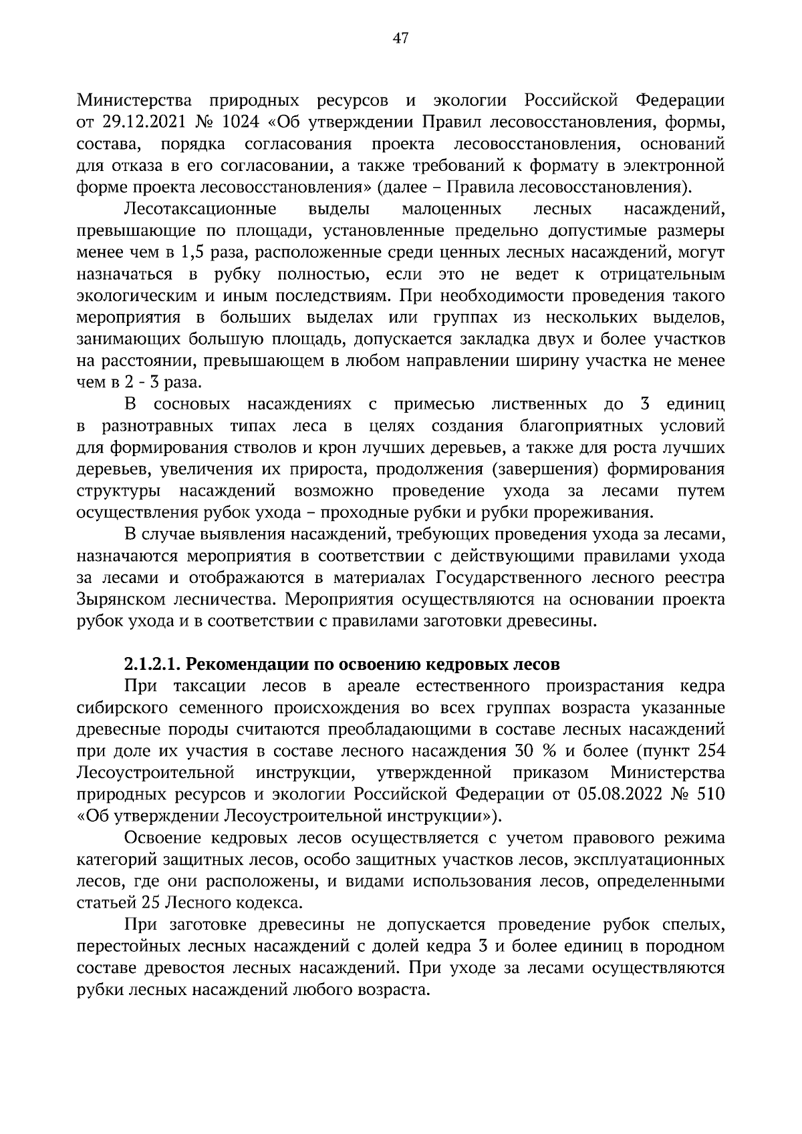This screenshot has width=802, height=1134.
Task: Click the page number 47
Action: pyautogui.click(x=400, y=38)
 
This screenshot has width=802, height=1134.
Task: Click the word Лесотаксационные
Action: pyautogui.click(x=200, y=210)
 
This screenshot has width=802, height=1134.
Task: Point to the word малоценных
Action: pyautogui.click(x=452, y=210)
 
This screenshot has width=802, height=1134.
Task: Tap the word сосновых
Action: pyautogui.click(x=192, y=404)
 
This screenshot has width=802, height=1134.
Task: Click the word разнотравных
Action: pyautogui.click(x=158, y=426)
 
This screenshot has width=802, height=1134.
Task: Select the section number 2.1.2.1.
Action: pyautogui.click(x=152, y=665)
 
